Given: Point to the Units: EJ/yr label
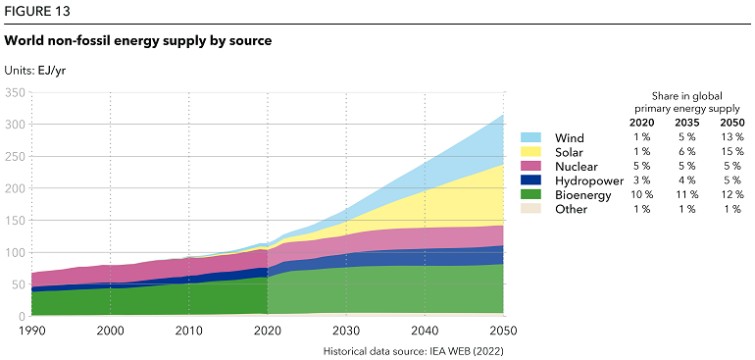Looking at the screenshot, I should click(x=36, y=70).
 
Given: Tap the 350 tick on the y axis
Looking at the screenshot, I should click(x=15, y=92).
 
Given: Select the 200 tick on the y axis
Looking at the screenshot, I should click(x=15, y=188).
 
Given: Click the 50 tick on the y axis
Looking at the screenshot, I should click(x=18, y=284).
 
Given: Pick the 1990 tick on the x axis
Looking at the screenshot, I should click(x=31, y=332).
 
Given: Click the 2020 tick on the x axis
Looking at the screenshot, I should click(x=267, y=332).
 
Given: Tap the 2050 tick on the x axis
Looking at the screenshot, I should click(x=503, y=332).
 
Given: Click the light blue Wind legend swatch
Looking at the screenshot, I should click(x=531, y=137).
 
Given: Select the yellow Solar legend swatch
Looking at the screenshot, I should click(x=531, y=152).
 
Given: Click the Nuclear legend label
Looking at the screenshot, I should click(x=577, y=167).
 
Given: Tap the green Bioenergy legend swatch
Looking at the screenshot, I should click(x=531, y=195).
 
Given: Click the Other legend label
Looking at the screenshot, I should click(x=571, y=210).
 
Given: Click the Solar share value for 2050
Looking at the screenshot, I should click(x=730, y=152).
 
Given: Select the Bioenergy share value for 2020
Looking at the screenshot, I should click(x=642, y=195).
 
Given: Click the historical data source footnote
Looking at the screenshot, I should click(x=413, y=350).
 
